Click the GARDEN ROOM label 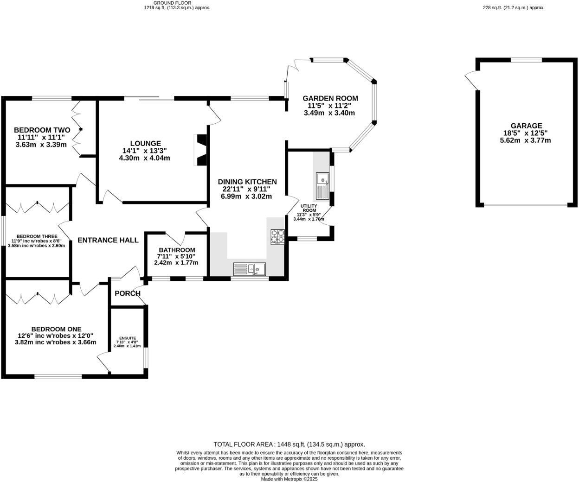[x=330, y=98]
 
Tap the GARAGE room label [x=526, y=126]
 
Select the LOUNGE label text [x=145, y=144]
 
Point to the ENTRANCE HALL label [x=108, y=240]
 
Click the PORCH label [x=127, y=293]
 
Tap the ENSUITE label [x=127, y=338]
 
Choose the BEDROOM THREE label [x=36, y=236]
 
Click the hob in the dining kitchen [x=277, y=236]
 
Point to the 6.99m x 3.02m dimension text [x=246, y=196]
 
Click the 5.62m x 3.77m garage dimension [x=525, y=140]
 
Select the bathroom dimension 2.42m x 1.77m [x=176, y=262]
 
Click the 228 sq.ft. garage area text [x=513, y=7]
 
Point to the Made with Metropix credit [x=289, y=479]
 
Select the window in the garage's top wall [x=526, y=60]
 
